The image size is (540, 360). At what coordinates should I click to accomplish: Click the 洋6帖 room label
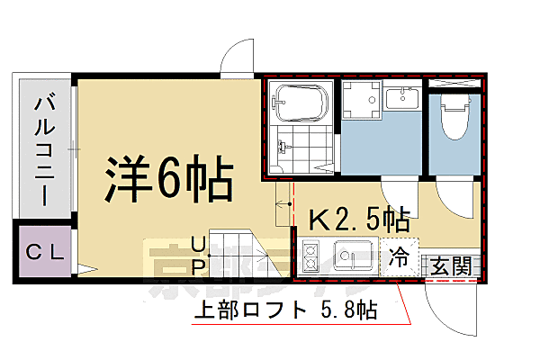tap(168, 181)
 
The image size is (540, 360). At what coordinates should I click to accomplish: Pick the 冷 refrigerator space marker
tap(399, 257)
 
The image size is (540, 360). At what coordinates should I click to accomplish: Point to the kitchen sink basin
tap(354, 256)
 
